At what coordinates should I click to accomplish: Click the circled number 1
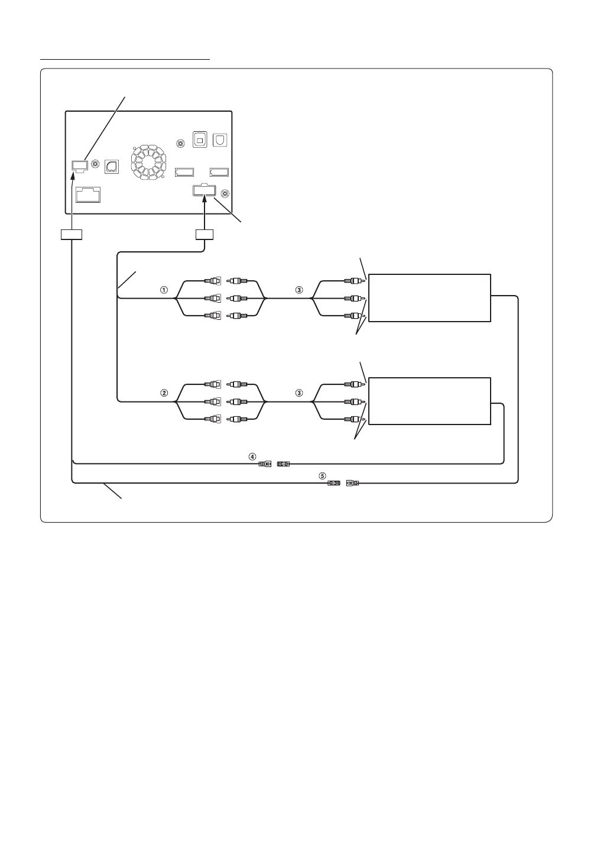coord(164,290)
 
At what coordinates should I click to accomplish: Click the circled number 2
coord(164,393)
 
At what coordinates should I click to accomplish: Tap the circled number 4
coord(252,456)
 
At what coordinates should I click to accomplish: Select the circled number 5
coord(322,475)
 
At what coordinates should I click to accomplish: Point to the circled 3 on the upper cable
coord(299,290)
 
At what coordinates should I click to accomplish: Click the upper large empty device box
coord(430,298)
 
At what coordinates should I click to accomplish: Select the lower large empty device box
coord(430,401)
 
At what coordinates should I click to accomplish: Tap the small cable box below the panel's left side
coord(72,235)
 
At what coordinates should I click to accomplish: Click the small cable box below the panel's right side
coord(205,235)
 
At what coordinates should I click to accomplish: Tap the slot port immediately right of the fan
coord(185,173)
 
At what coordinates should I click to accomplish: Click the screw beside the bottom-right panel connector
coord(225,192)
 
